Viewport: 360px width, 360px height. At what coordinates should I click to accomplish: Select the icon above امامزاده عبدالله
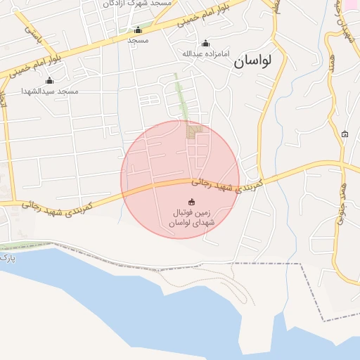coord(205,43)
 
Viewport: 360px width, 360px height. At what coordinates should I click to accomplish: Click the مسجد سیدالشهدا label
coord(49,91)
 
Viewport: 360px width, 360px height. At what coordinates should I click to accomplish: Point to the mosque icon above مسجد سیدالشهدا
coord(49,80)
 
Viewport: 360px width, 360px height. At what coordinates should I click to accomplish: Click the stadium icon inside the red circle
coord(192,202)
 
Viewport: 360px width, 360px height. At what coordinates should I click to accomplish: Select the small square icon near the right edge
coord(345,134)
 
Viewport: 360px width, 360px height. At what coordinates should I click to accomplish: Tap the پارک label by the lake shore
coord(7,258)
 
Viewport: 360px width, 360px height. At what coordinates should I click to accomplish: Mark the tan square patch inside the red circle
coord(194,131)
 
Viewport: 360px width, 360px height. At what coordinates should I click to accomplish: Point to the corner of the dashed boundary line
coord(300,264)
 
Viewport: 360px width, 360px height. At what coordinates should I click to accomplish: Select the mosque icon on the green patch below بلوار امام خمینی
coord(138,30)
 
